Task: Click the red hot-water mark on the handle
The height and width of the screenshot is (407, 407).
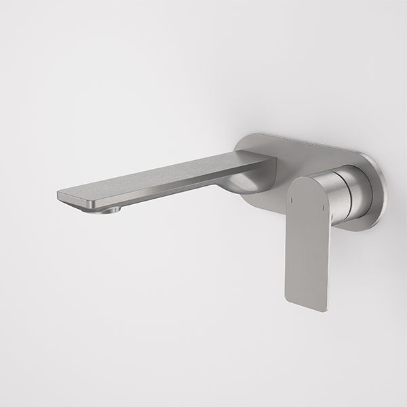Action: click(x=290, y=201)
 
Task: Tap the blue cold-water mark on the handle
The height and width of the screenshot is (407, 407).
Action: click(x=324, y=206)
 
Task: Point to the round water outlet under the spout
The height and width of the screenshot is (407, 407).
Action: click(x=107, y=210)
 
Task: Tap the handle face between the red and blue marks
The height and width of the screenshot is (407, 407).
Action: click(x=307, y=203)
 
